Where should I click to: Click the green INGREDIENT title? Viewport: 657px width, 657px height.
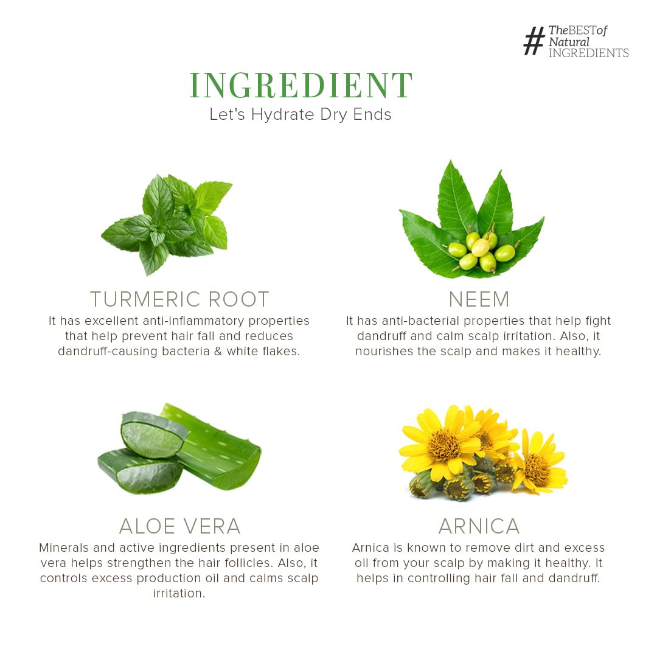(301, 85)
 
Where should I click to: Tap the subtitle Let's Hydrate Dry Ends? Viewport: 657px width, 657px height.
(301, 114)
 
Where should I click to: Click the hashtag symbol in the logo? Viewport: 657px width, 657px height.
(534, 41)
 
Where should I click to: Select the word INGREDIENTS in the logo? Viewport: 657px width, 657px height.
(589, 53)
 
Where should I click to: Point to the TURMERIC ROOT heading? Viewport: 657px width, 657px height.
(179, 299)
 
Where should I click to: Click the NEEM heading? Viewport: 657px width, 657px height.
(479, 299)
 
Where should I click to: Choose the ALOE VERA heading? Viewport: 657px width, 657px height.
(180, 526)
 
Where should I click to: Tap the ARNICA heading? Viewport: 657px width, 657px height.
(479, 526)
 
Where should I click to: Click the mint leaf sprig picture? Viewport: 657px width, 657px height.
(167, 224)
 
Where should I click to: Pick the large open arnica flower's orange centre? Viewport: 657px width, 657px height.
(443, 444)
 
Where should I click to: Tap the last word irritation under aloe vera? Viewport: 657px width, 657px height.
(179, 593)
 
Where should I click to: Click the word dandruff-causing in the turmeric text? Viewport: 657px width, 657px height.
(108, 351)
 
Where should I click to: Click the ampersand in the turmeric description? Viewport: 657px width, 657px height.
(218, 351)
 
